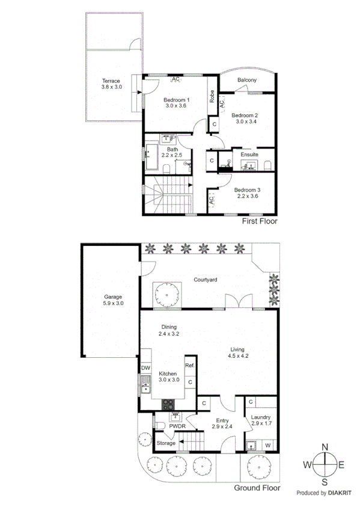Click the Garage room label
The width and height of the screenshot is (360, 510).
point(113,296)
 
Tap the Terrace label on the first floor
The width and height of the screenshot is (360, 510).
point(111,81)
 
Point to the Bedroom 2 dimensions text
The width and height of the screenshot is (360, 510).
point(245,121)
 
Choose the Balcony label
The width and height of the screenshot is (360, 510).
point(247,80)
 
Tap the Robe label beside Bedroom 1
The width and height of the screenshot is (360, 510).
point(212,96)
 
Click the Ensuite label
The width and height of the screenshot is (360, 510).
point(249,155)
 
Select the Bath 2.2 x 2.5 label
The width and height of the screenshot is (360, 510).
point(172,153)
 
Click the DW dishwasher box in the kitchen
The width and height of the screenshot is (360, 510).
point(145,368)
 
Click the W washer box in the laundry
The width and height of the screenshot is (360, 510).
point(267,445)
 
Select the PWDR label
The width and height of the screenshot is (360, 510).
point(176,426)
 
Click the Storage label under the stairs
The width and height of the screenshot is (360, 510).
point(166,443)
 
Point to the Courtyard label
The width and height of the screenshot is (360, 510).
point(205,280)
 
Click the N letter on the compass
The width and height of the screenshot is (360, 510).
point(325,447)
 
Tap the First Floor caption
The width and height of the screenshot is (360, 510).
point(260,221)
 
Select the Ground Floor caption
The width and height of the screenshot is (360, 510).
point(257,488)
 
